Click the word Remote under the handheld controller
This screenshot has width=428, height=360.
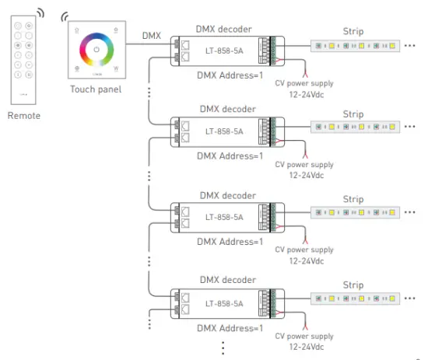coord(23,116)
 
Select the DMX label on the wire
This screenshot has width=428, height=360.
coord(152,36)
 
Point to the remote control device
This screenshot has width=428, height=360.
coord(23,58)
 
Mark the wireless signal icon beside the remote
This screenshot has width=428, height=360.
coord(40,14)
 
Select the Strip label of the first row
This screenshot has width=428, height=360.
coord(353,31)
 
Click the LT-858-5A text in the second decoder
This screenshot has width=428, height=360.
coord(224,131)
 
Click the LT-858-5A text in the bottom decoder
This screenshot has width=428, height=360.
coord(224,303)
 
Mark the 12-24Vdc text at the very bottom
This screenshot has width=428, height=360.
coord(304,346)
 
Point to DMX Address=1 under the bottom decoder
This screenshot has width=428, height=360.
coord(230,328)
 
